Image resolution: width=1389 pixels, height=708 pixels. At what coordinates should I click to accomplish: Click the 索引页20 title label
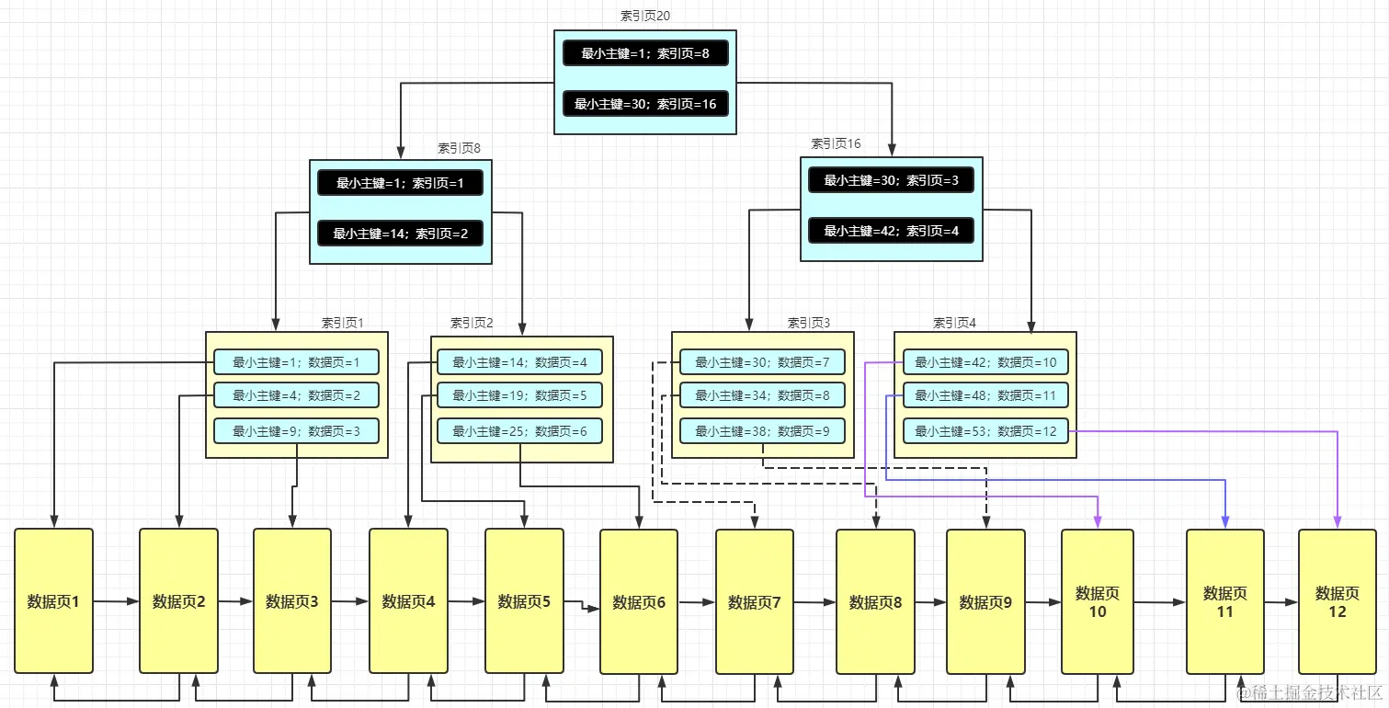coord(644,16)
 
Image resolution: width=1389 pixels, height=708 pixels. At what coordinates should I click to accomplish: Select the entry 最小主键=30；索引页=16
coord(645,104)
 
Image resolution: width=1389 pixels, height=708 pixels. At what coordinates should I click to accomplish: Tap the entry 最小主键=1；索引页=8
coord(645,53)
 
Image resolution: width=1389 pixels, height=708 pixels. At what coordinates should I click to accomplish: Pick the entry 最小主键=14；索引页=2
coord(400,234)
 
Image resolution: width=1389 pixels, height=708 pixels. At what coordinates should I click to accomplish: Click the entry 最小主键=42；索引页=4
coord(891,231)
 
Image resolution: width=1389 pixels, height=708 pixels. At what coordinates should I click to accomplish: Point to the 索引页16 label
coord(836,143)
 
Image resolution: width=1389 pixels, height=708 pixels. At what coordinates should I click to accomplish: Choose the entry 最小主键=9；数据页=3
coord(296,430)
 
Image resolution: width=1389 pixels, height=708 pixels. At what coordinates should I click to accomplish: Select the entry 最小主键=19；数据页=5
coord(519,395)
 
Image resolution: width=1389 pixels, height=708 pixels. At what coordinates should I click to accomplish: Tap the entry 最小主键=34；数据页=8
coord(762,395)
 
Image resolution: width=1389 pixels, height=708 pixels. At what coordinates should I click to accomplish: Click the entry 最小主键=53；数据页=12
coord(985,430)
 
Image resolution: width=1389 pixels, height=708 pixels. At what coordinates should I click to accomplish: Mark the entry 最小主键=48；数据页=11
coord(985,395)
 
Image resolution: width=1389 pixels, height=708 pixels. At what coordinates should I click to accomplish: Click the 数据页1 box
coord(53,601)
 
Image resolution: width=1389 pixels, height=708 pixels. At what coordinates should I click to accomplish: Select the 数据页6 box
coord(639,602)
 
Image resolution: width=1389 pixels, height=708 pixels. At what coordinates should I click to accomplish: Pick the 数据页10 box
coord(1098,602)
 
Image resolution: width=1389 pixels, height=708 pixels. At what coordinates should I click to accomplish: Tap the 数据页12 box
coord(1337,602)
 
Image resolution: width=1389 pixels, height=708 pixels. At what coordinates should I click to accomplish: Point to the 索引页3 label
coord(808,323)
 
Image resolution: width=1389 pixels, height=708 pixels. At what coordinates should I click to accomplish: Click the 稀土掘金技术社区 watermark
coord(1309,691)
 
